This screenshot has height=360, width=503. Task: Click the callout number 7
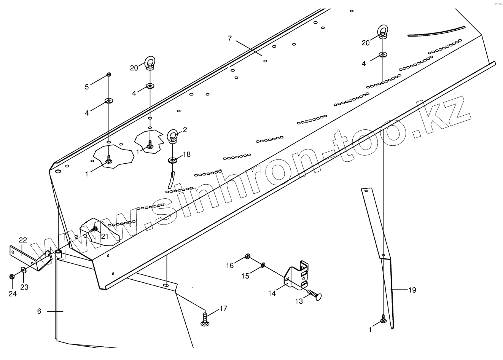229,38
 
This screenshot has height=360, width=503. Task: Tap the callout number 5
87,87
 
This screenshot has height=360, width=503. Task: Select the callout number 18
186,154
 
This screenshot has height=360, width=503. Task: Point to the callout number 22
23,240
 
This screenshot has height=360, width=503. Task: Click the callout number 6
39,311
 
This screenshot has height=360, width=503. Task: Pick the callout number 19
412,290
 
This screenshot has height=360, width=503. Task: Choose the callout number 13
299,301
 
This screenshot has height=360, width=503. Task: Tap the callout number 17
223,309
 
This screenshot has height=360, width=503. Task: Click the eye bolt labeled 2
173,136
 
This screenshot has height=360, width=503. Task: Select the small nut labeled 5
109,74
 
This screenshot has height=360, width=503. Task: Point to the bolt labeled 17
205,320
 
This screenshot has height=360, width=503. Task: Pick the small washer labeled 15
263,264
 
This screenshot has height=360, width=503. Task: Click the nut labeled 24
12,276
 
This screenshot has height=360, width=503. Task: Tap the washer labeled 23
24,270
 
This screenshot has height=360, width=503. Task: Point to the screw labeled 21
94,229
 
